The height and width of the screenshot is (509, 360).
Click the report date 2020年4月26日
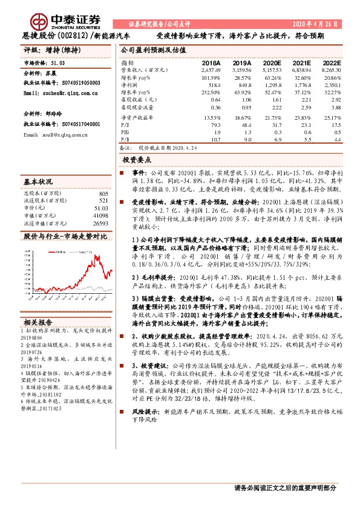click(316, 24)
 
